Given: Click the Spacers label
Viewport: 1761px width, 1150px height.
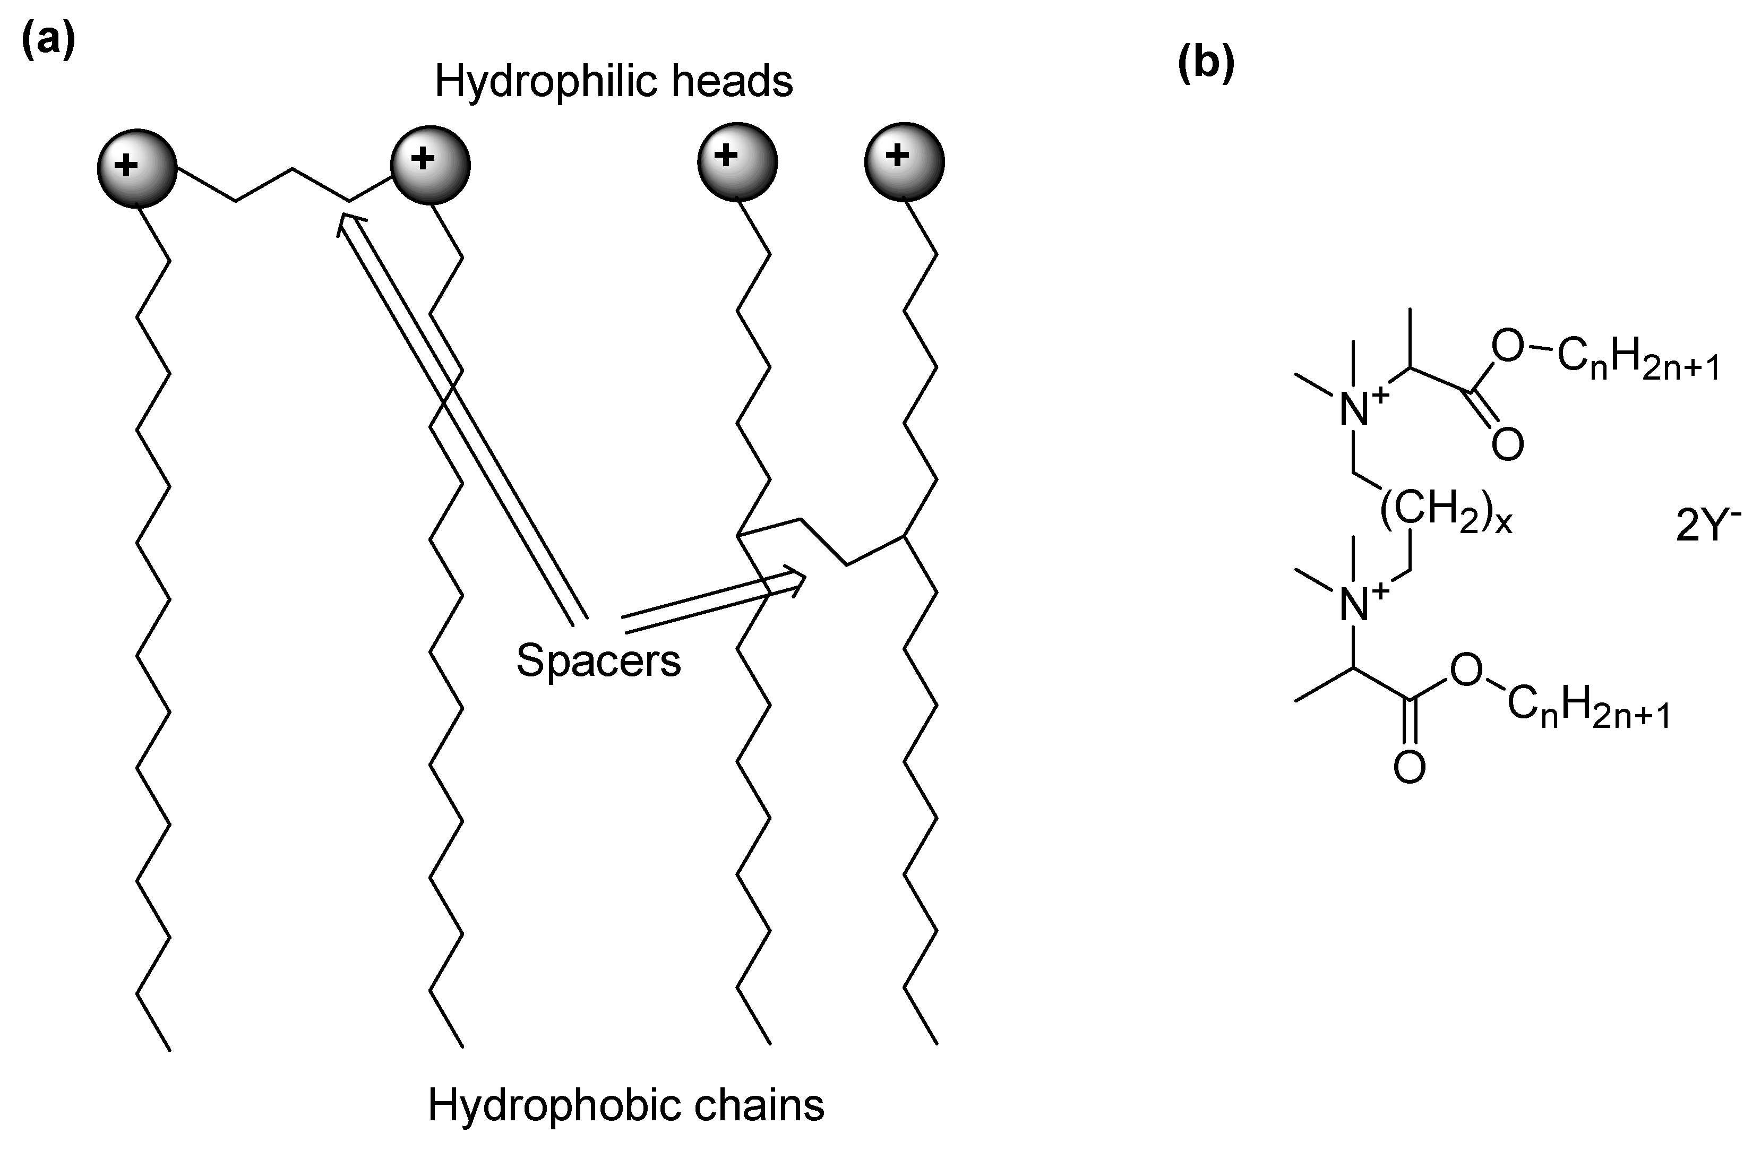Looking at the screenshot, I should [598, 660].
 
